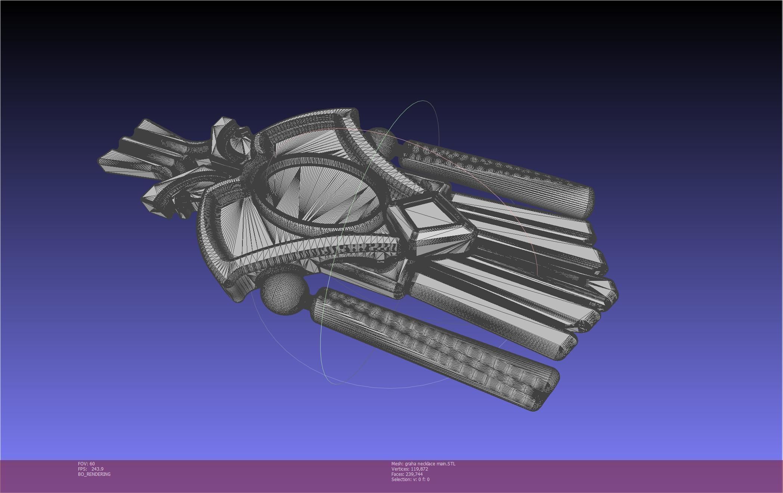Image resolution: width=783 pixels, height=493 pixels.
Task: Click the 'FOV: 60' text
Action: [86, 463]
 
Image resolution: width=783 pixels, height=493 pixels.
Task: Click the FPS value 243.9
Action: [97, 469]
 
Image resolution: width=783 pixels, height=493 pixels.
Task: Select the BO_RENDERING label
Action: [94, 474]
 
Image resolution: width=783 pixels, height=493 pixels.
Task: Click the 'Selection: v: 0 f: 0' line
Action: [410, 479]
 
